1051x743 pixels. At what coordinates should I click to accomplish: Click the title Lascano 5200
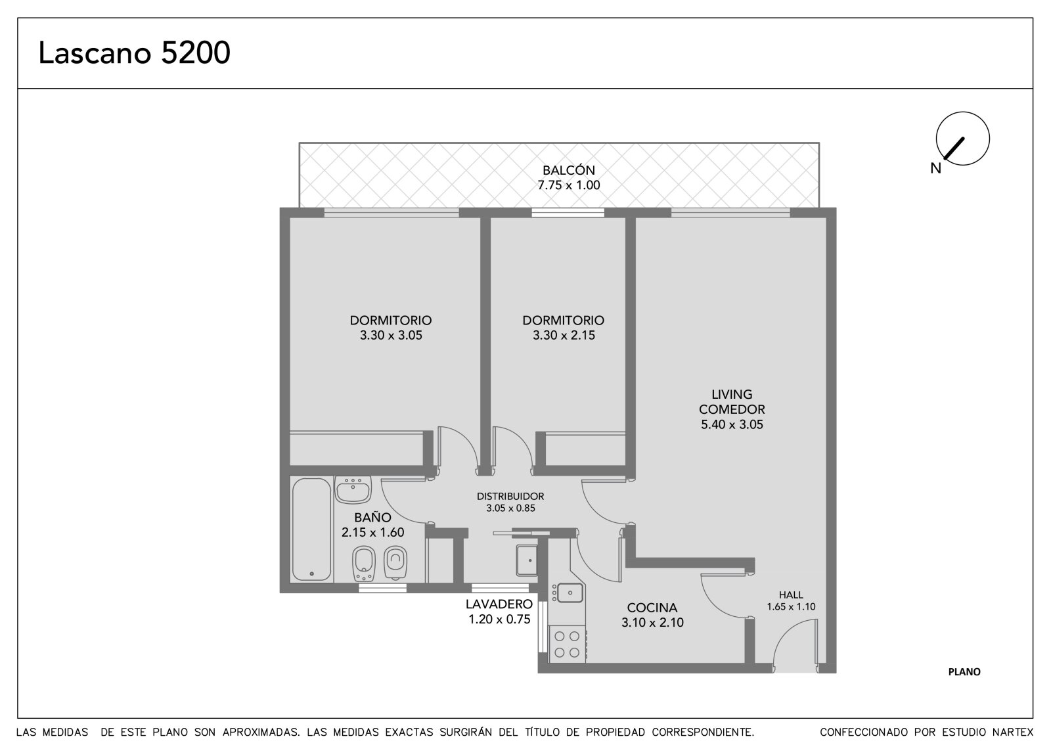[134, 53]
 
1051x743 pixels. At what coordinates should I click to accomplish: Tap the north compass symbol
[962, 139]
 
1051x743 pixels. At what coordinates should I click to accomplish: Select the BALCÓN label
[569, 170]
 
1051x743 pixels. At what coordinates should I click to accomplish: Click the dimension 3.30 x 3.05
[391, 335]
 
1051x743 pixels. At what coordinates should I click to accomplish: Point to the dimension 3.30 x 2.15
[564, 335]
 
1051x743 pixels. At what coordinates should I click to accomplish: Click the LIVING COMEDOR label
[732, 402]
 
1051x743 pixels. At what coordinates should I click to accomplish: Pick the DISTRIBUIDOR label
[510, 496]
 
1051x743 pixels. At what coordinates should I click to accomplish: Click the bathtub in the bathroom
[311, 529]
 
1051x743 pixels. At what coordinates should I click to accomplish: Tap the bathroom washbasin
[353, 489]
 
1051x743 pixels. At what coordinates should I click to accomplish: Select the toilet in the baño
[395, 563]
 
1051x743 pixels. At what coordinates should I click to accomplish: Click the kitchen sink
[568, 593]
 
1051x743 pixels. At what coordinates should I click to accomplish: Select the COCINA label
[652, 608]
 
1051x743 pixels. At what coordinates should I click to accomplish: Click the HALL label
[791, 595]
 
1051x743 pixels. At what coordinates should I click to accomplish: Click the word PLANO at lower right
[964, 671]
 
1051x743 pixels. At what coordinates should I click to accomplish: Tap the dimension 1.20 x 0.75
[499, 619]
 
